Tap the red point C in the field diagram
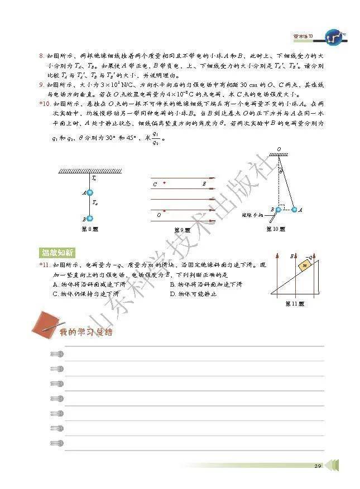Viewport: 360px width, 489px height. (164, 183)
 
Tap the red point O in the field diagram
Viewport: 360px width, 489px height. (164, 211)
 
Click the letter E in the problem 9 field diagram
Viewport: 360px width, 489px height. (204, 183)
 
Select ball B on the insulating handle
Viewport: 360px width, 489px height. (278, 210)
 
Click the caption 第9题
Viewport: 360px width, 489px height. (182, 230)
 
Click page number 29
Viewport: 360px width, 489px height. (317, 466)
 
